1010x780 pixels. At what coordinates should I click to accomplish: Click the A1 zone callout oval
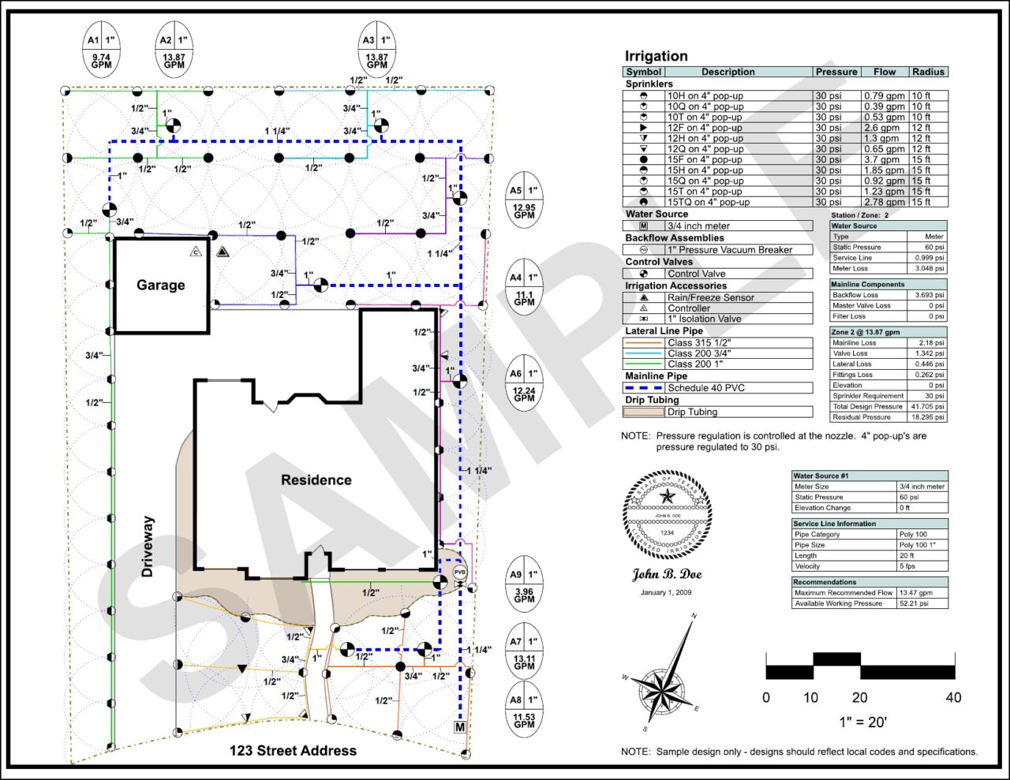(x=101, y=50)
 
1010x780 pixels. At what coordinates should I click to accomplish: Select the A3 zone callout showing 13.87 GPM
(x=376, y=50)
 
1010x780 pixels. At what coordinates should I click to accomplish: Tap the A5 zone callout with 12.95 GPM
(x=524, y=200)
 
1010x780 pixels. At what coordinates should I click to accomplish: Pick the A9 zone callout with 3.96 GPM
(x=524, y=585)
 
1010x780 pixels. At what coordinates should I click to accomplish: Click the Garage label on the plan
(x=161, y=285)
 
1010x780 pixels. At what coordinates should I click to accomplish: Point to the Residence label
(x=316, y=480)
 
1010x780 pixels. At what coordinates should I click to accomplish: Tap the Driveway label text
(x=148, y=547)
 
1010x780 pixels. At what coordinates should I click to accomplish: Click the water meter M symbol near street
(x=460, y=726)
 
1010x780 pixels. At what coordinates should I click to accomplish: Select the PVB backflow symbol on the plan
(x=459, y=572)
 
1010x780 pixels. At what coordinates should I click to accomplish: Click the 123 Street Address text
(x=293, y=751)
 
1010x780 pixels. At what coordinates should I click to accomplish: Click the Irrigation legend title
(x=656, y=56)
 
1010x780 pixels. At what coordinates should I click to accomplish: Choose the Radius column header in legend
(x=928, y=72)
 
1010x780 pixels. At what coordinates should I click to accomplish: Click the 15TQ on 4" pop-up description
(x=709, y=202)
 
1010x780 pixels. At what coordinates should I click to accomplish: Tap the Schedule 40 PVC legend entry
(x=705, y=388)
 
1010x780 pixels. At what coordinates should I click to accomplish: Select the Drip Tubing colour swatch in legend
(x=643, y=412)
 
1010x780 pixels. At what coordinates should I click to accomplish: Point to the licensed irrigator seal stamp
(x=667, y=515)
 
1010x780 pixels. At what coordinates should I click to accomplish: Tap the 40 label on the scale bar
(x=953, y=697)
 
